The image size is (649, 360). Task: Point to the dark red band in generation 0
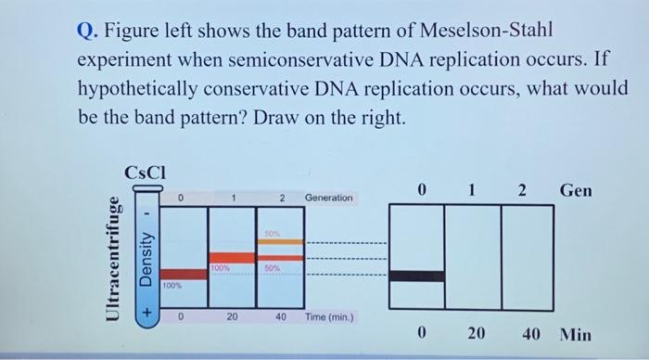[x=182, y=274]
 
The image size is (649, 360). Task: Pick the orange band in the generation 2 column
[x=279, y=242]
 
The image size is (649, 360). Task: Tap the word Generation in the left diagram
[x=328, y=198]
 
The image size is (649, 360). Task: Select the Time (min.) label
[x=329, y=316]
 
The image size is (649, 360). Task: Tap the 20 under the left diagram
[x=232, y=316]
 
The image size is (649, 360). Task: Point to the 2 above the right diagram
[x=521, y=190]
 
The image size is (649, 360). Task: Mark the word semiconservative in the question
[x=299, y=58]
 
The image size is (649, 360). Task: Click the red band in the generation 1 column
[x=231, y=256]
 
